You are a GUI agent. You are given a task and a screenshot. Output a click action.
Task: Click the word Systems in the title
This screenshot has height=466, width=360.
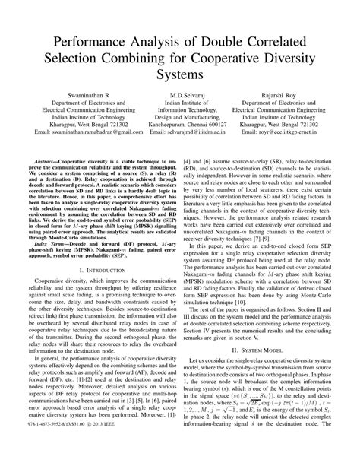click(180, 77)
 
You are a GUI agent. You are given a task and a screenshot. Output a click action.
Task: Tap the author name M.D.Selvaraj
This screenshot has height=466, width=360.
click(180, 96)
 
